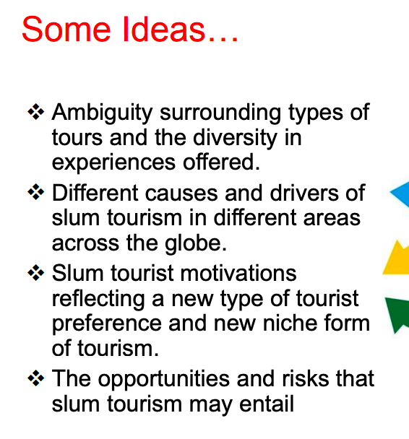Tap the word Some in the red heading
click(66, 29)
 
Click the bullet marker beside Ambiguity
click(36, 111)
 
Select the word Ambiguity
click(103, 113)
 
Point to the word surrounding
click(220, 113)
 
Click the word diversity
click(235, 138)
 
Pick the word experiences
click(113, 163)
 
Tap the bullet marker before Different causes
click(36, 192)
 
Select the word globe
click(196, 243)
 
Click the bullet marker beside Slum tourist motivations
click(36, 272)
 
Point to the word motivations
click(238, 273)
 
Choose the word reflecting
click(98, 300)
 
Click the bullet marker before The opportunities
click(36, 378)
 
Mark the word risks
click(306, 378)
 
